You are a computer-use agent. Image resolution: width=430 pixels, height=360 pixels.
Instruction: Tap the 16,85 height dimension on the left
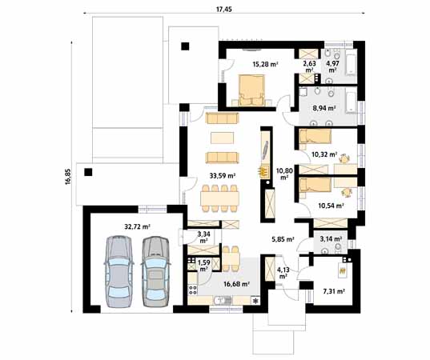coord(66,177)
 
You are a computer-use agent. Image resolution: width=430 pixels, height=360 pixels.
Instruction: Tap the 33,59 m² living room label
coord(221,175)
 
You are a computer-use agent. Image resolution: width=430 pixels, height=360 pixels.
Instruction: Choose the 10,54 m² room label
coord(331,206)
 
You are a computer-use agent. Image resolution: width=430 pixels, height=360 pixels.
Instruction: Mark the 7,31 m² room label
coord(333,292)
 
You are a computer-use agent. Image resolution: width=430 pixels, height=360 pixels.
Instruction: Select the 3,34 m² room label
coord(203,236)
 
